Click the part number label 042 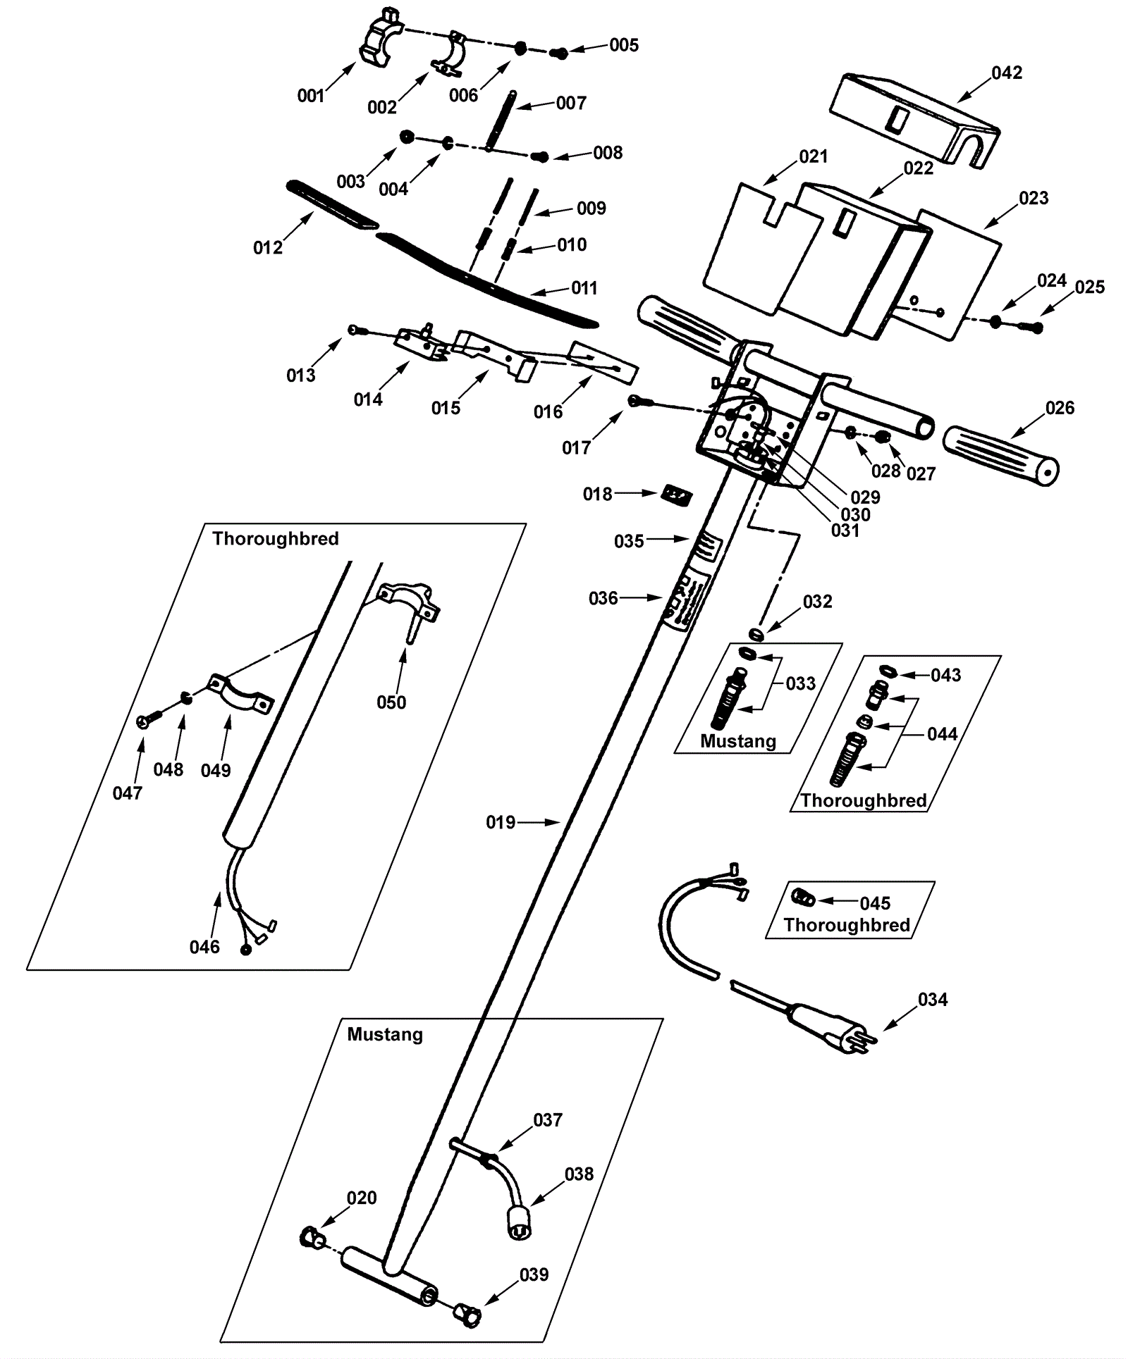tap(1006, 73)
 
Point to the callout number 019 tap(501, 822)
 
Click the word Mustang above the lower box tap(385, 1034)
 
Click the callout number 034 tap(933, 999)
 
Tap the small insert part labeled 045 tap(803, 898)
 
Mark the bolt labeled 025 tap(1030, 326)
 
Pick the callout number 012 tap(268, 247)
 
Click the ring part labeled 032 tap(756, 633)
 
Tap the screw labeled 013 tap(356, 329)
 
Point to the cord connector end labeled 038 tap(519, 1229)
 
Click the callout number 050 tap(391, 702)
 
